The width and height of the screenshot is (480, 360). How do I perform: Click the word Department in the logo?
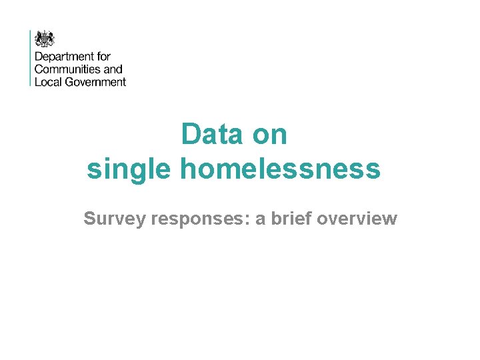coord(63,57)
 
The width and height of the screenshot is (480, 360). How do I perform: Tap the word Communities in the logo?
coord(67,69)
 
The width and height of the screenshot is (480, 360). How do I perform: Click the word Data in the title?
coord(213,135)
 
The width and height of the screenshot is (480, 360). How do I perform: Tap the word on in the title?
coord(270,135)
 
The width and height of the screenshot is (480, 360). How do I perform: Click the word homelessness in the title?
coord(280,169)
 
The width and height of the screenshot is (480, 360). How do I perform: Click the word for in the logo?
coord(103,57)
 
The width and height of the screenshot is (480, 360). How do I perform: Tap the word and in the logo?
coord(113,69)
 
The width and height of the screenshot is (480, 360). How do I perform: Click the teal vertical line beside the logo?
coord(30,58)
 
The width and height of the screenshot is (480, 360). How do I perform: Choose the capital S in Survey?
coord(89,219)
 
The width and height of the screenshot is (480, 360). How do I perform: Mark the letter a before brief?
coord(259,220)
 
